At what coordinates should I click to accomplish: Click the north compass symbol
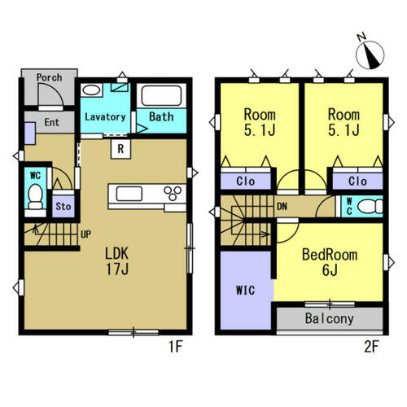pos(370,54)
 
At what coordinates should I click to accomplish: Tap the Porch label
pos(49,77)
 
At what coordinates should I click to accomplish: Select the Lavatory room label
pos(105,117)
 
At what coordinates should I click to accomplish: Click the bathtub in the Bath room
pos(161,95)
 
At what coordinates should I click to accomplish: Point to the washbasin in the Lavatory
pos(91,90)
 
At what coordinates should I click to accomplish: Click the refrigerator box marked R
pos(120,149)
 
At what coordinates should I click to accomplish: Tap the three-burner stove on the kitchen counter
pos(173,193)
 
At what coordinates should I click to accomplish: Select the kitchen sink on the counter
pos(129,194)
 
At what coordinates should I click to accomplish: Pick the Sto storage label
pos(63,207)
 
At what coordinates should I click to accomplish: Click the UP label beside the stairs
pos(85,234)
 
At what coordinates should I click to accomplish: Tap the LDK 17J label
pos(117,261)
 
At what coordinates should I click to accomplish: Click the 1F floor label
pos(176,347)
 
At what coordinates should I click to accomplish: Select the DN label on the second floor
pos(282,207)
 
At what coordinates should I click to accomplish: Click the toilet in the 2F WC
pos(370,207)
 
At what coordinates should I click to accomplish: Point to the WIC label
pos(245,291)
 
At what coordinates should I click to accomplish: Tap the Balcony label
pos(330,318)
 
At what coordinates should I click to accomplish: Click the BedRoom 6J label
pos(330,262)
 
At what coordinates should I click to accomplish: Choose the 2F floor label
pos(371,347)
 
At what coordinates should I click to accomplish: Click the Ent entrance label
pos(51,122)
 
